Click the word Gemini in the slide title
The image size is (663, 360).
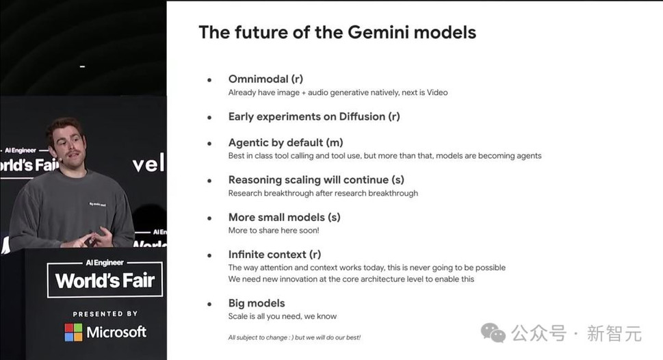pos(378,32)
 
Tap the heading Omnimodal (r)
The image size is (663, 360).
pos(265,79)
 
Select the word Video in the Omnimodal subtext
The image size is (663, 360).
pos(437,92)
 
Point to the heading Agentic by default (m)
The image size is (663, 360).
pos(286,142)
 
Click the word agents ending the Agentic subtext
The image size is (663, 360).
pos(528,156)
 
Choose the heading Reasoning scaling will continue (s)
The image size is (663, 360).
pos(316,180)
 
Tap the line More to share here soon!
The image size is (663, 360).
pos(274,231)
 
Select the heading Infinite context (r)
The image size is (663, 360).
pos(275,254)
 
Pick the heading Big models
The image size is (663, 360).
pos(257,303)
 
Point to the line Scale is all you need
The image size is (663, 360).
pos(283,316)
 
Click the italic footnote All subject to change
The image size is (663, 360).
pos(294,337)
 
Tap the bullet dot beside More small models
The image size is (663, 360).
pos(209,218)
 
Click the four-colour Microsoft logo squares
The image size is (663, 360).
pos(74,333)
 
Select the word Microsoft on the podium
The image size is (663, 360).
pos(117,333)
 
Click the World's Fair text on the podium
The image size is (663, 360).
pos(105,281)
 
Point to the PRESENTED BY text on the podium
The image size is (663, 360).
pos(105,314)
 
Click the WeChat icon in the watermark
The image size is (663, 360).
pos(493,333)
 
